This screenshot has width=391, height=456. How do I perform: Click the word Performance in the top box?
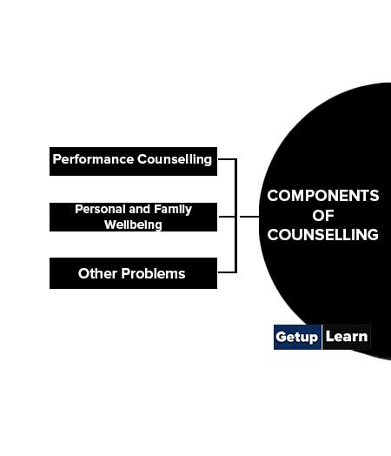(x=93, y=159)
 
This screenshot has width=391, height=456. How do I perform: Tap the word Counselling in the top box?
(x=175, y=159)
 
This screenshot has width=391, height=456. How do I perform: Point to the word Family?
(x=173, y=210)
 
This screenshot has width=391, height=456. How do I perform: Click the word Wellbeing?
(x=133, y=225)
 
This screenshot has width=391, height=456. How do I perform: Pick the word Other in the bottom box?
(x=97, y=273)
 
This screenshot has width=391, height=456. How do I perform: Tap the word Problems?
(x=153, y=273)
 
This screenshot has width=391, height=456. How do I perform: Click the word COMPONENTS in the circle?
(x=323, y=196)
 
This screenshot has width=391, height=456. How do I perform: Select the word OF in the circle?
(x=323, y=216)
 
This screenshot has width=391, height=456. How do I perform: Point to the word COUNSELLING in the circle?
(x=323, y=235)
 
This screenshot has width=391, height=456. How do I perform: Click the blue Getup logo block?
(x=297, y=337)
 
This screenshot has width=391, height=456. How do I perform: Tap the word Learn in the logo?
(x=347, y=337)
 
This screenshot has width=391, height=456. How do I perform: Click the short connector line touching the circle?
(x=249, y=217)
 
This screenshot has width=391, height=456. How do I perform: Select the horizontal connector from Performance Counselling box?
(x=227, y=159)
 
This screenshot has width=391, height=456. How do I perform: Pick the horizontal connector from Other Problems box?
(x=227, y=272)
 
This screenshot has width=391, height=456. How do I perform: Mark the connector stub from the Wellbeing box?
(x=227, y=217)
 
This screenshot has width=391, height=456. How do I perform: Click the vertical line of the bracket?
(x=235, y=216)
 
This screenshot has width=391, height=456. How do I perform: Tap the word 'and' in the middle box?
(x=140, y=209)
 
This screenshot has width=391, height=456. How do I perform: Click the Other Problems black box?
(x=133, y=273)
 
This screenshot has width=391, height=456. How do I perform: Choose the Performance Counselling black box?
(x=133, y=161)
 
